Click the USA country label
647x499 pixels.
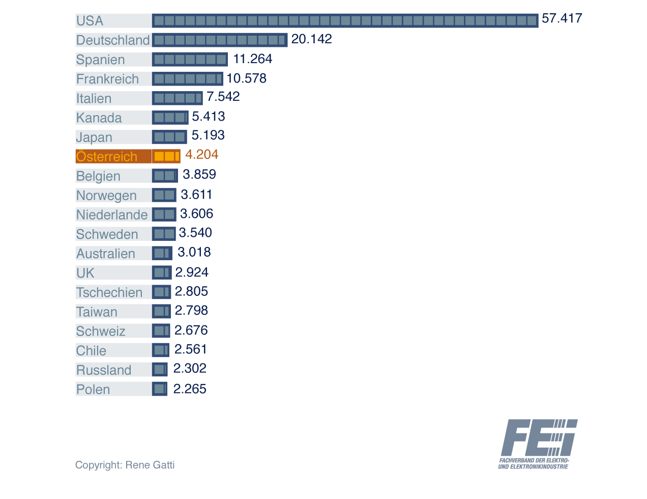90,21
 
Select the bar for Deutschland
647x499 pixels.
219,40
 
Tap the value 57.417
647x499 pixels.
562,19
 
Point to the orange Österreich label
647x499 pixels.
107,156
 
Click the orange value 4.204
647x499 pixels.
202,154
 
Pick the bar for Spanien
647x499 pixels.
190,60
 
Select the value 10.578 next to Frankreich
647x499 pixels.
247,78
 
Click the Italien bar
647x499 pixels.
177,98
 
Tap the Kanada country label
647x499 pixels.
99,118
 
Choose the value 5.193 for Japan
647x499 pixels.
208,135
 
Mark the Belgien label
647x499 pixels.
98,176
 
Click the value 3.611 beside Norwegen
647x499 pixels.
196,195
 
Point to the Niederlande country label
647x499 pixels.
112,215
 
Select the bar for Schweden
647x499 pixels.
164,234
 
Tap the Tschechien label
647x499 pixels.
109,292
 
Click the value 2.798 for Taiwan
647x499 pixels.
191,311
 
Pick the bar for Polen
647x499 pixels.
160,389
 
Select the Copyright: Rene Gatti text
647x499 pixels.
125,465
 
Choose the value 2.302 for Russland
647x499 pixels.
190,369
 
